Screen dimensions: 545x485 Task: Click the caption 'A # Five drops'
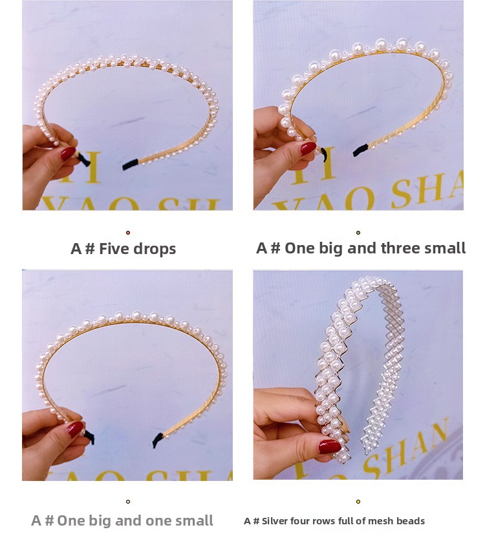(x=123, y=249)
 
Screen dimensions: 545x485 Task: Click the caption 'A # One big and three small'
(x=361, y=248)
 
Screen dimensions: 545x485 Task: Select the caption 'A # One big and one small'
(x=122, y=520)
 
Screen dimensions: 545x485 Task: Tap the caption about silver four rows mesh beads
(x=334, y=521)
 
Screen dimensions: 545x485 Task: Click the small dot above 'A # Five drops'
(x=128, y=232)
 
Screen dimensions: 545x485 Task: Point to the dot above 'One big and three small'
(x=358, y=232)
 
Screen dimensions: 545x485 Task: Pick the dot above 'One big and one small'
(x=128, y=501)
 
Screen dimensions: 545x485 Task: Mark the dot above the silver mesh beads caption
(x=358, y=501)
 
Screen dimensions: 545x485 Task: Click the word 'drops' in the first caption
(x=155, y=249)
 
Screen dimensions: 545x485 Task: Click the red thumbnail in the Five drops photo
(x=68, y=153)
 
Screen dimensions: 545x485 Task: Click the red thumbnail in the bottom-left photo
(x=75, y=429)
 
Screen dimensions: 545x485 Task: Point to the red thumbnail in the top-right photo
(x=308, y=148)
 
